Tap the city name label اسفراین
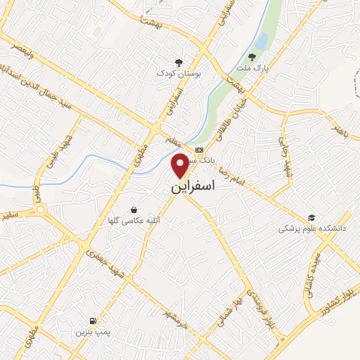tap(192, 188)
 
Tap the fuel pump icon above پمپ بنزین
tap(94, 320)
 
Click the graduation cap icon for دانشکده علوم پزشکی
tap(311, 217)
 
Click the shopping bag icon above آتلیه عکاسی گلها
tap(134, 209)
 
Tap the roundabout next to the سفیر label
tap(39, 210)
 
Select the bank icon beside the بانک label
tap(198, 150)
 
